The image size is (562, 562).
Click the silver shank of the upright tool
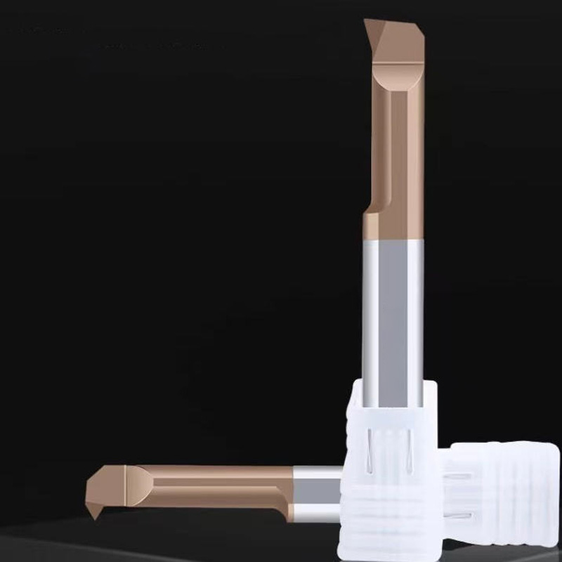pyautogui.click(x=393, y=309)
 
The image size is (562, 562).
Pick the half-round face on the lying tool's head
pyautogui.click(x=144, y=485)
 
